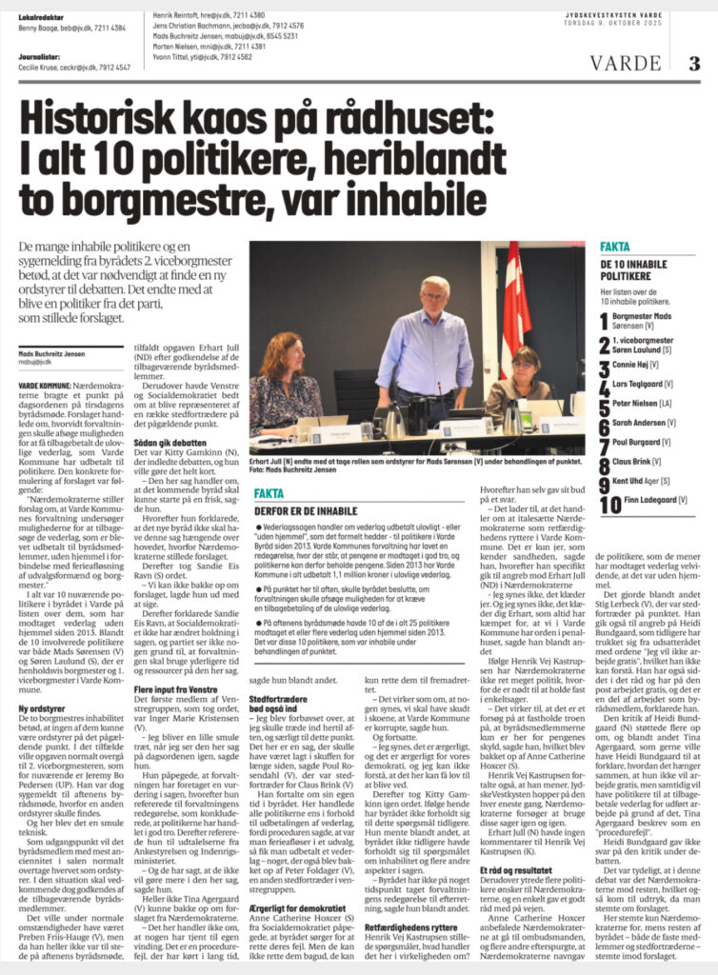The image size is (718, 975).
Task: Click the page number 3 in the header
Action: click(x=694, y=64)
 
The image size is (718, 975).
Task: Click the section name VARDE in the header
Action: click(x=628, y=64)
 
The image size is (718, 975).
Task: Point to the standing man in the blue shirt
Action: click(x=436, y=343)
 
